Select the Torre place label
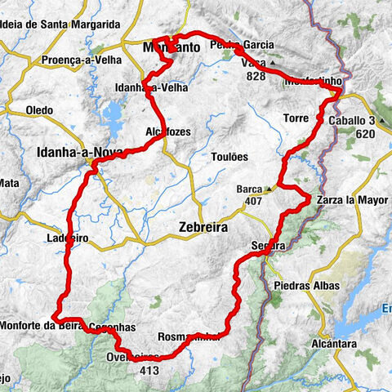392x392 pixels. (x=296, y=118)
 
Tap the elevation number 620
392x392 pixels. (x=365, y=134)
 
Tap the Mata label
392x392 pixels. (x=9, y=182)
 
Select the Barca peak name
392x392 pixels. (x=249, y=189)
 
